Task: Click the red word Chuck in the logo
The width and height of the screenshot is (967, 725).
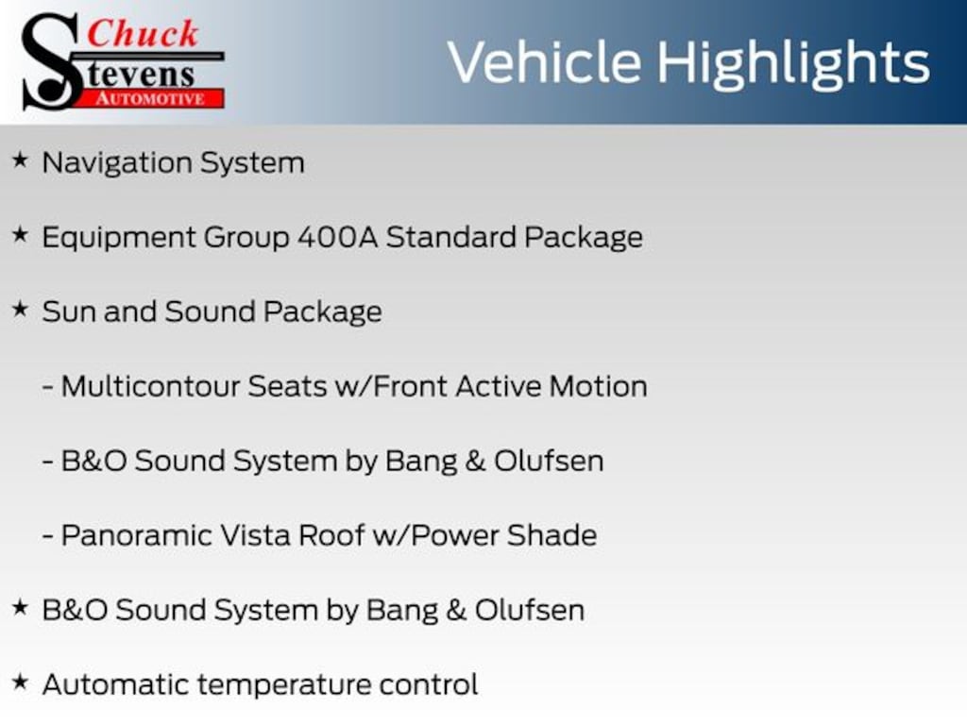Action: click(143, 33)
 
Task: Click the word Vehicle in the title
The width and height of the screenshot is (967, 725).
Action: click(545, 62)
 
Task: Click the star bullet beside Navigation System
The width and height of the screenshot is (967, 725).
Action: click(21, 160)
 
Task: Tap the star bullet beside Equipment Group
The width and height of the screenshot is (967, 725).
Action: click(21, 235)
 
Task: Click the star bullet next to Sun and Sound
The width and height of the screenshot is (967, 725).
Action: click(21, 310)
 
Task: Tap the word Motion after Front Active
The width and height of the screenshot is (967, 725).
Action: click(598, 386)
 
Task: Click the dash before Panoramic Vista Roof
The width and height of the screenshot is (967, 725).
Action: click(47, 536)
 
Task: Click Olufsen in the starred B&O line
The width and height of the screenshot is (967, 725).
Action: click(530, 611)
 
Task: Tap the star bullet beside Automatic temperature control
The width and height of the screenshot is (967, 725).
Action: click(21, 683)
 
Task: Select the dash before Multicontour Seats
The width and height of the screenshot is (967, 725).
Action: click(47, 387)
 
